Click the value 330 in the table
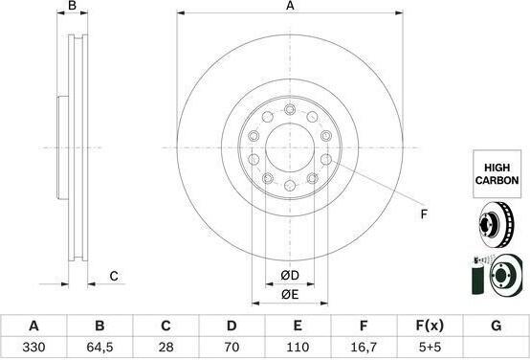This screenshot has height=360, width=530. [33, 347]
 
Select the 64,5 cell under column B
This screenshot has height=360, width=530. [99, 347]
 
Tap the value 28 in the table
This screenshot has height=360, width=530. [166, 347]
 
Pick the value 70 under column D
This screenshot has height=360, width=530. [232, 347]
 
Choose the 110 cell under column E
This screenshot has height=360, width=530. [298, 347]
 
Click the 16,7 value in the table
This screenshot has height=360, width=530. [364, 347]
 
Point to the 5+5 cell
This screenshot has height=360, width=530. [430, 347]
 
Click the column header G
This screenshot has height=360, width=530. [496, 326]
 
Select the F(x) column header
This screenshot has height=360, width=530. [430, 326]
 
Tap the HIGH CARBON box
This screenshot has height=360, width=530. [497, 174]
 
